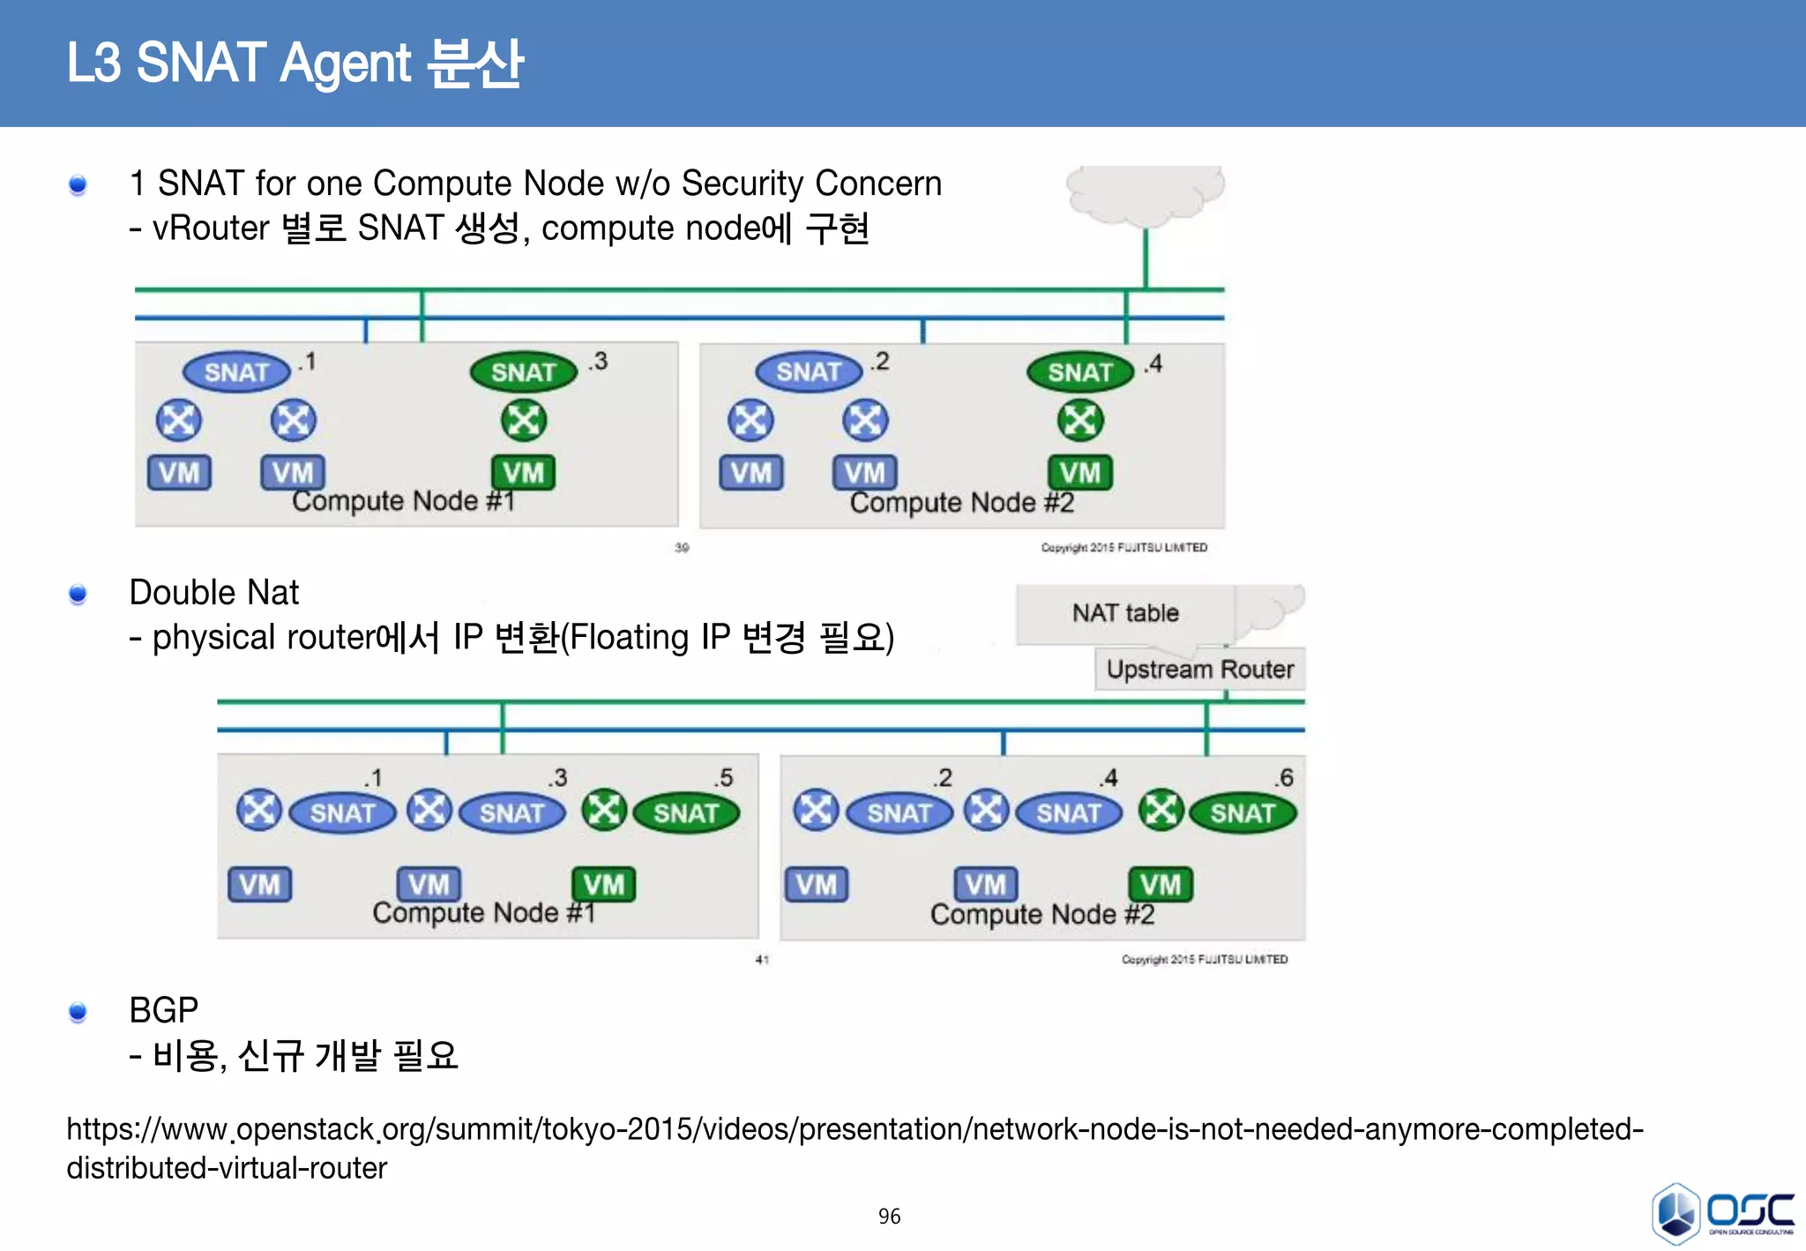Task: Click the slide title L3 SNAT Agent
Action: tap(295, 64)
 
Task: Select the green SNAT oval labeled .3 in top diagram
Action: tap(523, 372)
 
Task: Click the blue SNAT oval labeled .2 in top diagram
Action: tap(808, 372)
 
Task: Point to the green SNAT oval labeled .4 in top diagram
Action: tap(1079, 372)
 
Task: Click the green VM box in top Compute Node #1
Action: tap(523, 473)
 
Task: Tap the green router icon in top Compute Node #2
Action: tap(1079, 420)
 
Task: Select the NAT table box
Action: tap(1125, 613)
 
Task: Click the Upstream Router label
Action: tap(1199, 670)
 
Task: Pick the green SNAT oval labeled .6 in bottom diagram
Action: tap(1242, 813)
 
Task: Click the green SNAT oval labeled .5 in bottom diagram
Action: tap(685, 813)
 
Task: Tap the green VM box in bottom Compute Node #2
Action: tap(1160, 884)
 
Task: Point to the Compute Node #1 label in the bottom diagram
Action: tap(483, 912)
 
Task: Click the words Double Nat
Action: tap(214, 593)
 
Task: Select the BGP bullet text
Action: tap(164, 1010)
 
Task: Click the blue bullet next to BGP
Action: tap(78, 1012)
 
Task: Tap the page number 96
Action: tap(889, 1217)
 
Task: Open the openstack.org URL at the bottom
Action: tap(854, 1130)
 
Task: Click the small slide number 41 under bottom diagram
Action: tap(762, 959)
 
